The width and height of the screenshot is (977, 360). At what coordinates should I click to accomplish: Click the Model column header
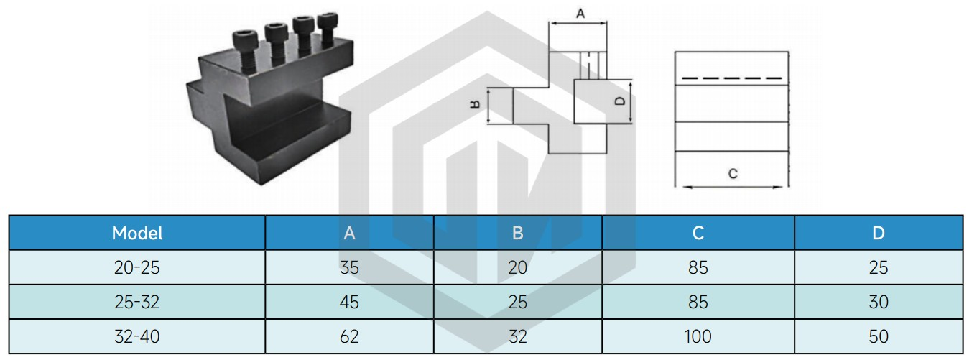137,233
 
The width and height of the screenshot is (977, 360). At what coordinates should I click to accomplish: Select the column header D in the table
879,233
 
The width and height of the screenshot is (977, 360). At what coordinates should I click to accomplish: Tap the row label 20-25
137,267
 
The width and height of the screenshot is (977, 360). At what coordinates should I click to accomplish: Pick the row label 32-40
137,336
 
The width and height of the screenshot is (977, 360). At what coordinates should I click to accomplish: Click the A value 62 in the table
349,336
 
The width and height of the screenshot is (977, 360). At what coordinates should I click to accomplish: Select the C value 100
698,336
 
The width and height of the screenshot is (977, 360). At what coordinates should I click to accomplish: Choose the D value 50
879,336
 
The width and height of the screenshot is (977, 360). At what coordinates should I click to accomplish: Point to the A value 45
349,302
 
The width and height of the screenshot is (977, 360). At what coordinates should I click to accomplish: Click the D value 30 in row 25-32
879,302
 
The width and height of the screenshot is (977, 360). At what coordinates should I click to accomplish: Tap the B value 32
518,336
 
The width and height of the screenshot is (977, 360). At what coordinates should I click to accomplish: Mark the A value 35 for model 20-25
349,267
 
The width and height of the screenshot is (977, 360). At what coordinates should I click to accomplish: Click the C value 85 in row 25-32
698,302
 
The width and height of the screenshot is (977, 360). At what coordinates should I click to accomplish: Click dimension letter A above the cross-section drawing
580,14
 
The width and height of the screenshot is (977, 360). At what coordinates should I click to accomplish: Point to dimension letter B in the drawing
475,104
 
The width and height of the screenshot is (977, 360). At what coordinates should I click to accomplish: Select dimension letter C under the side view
733,174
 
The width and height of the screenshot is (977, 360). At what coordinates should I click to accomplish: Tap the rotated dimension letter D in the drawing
619,101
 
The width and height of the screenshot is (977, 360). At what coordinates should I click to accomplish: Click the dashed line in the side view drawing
732,78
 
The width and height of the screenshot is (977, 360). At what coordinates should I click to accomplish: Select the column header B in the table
518,233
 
